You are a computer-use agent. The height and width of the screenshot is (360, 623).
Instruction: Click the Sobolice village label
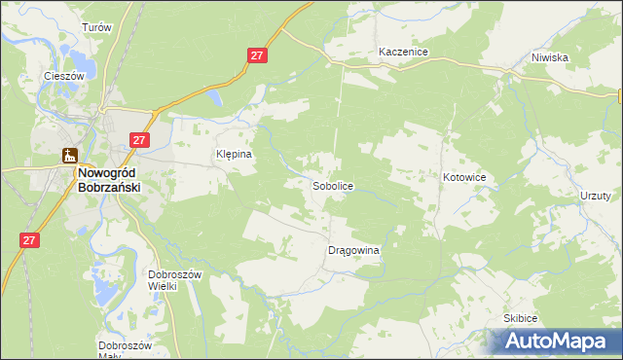[x=333, y=185]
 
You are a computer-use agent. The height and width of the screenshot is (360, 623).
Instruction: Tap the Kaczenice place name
[x=404, y=52]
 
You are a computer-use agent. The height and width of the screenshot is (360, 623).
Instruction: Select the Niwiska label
[x=550, y=57]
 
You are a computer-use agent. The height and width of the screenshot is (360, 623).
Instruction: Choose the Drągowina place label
[x=352, y=250]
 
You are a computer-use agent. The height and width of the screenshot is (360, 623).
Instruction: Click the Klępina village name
[x=234, y=154]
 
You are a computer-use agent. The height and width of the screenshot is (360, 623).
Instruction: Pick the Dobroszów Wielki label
[x=174, y=280]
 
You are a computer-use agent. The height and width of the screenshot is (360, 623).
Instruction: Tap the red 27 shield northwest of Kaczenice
[x=257, y=57]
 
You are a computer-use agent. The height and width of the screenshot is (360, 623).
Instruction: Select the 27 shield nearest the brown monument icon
[x=139, y=141]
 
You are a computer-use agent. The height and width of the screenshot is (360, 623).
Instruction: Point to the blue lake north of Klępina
[x=215, y=97]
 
